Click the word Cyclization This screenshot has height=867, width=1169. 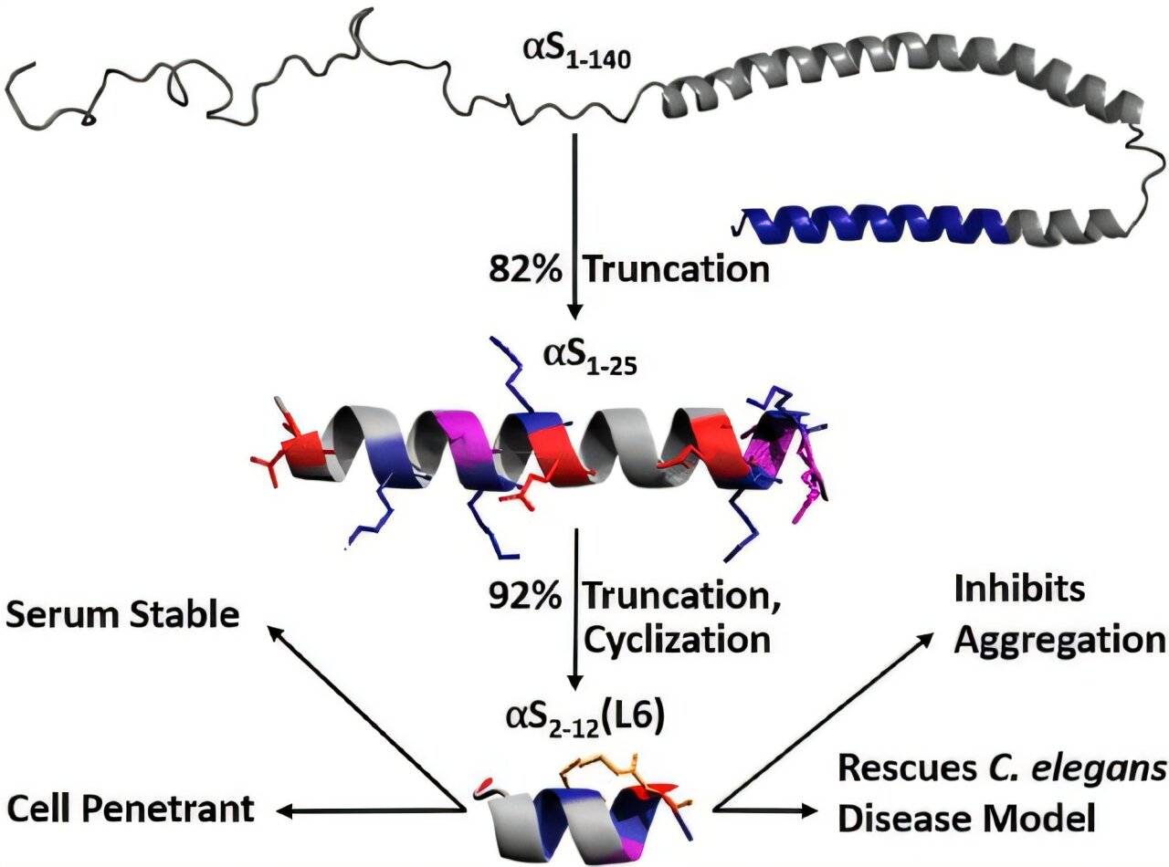click(677, 640)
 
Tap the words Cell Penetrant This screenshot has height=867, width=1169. click(130, 807)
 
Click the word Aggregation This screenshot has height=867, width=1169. click(1059, 639)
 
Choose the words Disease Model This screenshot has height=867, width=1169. click(966, 820)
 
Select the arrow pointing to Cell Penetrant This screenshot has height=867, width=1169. click(365, 809)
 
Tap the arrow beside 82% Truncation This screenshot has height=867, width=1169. click(574, 228)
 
